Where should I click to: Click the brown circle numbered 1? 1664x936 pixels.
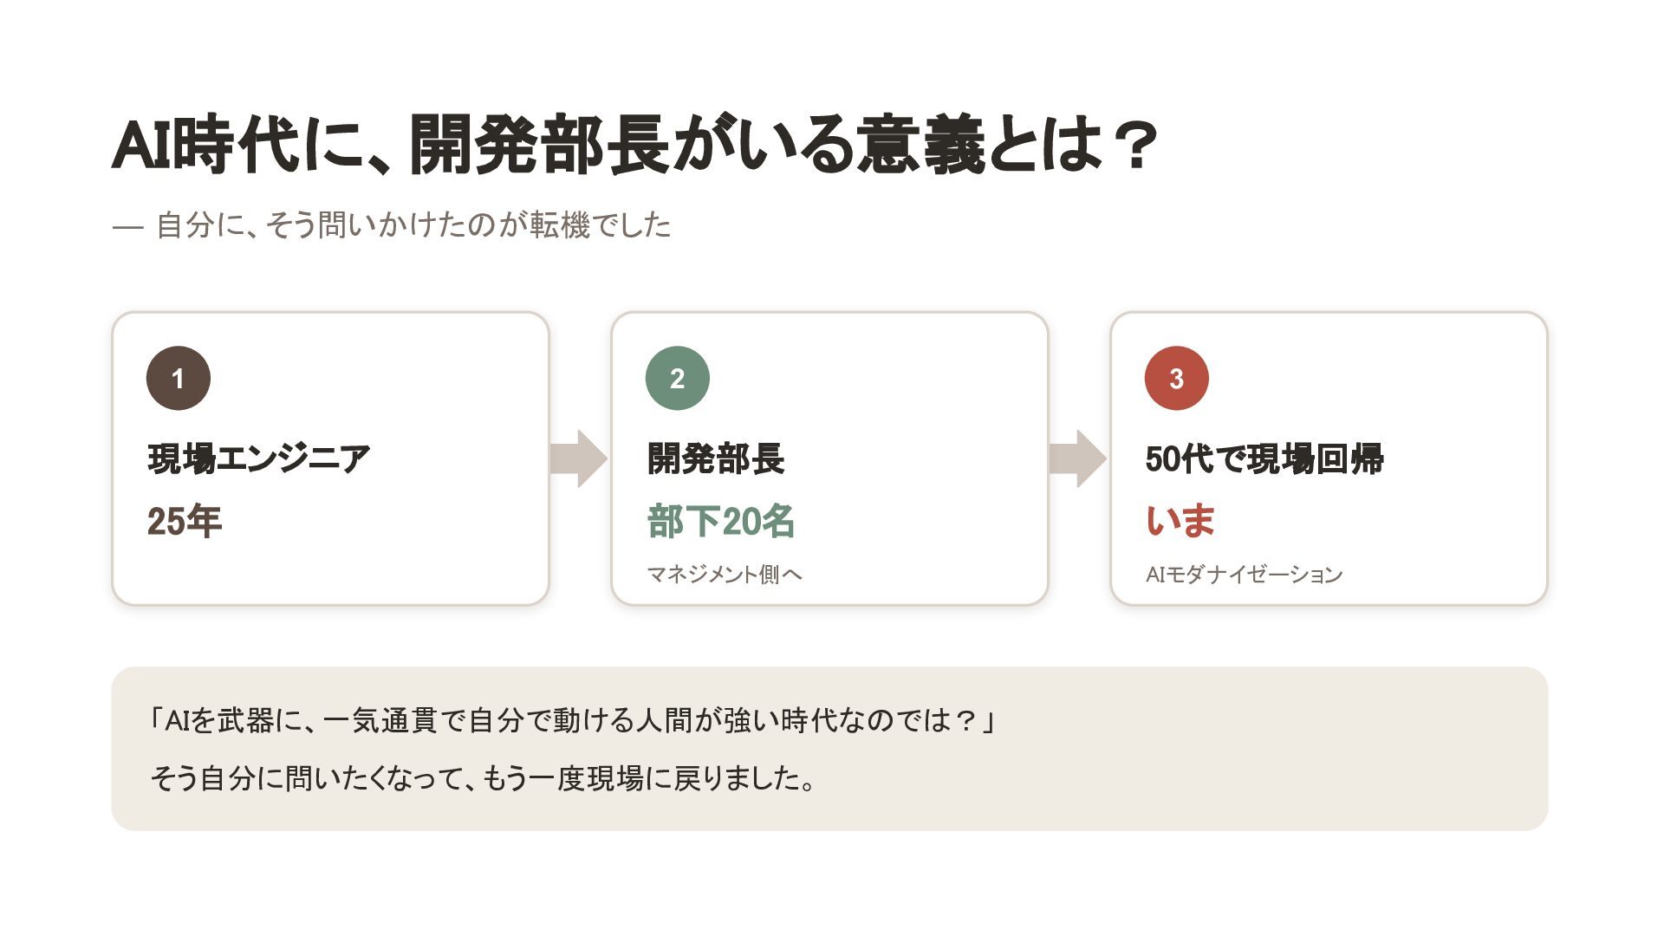click(179, 378)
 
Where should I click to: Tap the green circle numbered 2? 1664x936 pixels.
click(678, 378)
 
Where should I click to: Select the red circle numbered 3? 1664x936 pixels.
click(1177, 378)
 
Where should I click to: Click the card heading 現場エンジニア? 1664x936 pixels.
click(258, 459)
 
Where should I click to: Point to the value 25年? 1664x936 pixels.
click(185, 522)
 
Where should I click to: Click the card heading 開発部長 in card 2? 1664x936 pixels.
click(716, 459)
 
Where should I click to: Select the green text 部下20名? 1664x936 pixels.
click(721, 522)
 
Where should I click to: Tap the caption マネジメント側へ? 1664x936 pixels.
click(725, 575)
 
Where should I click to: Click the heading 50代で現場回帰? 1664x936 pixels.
click(1264, 459)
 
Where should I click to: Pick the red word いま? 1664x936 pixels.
click(1180, 522)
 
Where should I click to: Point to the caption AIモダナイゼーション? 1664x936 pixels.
click(1244, 575)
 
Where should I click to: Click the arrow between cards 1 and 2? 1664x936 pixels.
click(579, 458)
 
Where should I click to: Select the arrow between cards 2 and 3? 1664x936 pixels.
click(1078, 458)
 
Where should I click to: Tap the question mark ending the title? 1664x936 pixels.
click(1134, 145)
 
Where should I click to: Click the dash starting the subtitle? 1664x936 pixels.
click(127, 227)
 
